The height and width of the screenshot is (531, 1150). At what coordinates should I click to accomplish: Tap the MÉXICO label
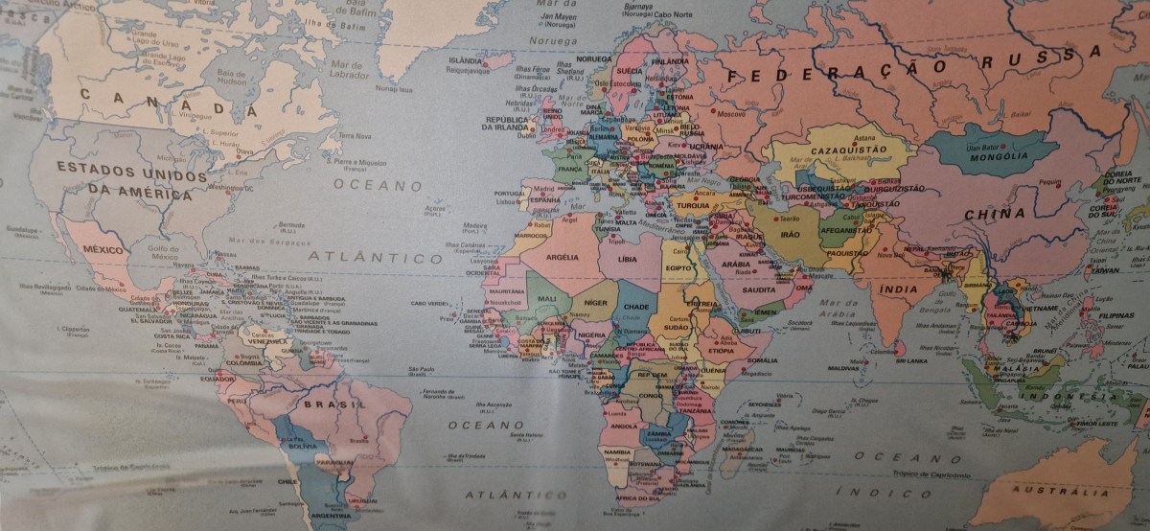pos(104,249)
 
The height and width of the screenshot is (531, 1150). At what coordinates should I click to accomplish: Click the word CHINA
pos(994,214)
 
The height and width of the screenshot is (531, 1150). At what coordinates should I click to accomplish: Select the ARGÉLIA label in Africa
pos(562,257)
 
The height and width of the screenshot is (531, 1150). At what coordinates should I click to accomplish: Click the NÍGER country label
pos(596,303)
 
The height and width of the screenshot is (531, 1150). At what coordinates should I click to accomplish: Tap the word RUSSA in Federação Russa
pos(1043,62)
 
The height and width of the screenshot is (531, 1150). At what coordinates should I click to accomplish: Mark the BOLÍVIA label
pos(303,446)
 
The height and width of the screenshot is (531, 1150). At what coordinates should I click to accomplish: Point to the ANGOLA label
pos(623,426)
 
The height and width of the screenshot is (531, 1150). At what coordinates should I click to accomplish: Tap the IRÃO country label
pos(791,235)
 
